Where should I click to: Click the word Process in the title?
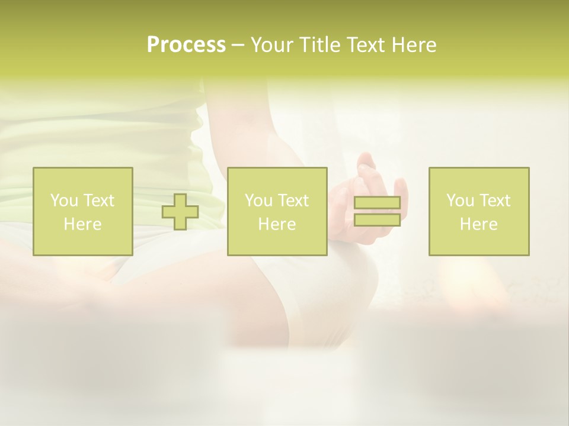pos(186,45)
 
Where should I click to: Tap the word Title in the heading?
pos(318,45)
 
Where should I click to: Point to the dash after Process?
pos(238,45)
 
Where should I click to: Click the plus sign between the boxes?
pos(180,212)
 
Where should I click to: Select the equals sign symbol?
pos(377,211)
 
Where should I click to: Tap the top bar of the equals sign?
pos(377,203)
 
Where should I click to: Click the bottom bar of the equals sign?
pos(377,220)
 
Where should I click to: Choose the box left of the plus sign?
pos(83,211)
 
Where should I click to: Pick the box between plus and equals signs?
pos(277,211)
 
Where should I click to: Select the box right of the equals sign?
pos(479,211)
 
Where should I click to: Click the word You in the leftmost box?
pos(63,201)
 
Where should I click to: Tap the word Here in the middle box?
pos(277,224)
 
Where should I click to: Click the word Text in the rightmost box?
pos(494,201)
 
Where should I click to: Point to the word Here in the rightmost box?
pos(479,224)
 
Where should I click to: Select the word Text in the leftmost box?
pos(98,201)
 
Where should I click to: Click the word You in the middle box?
pos(258,201)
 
